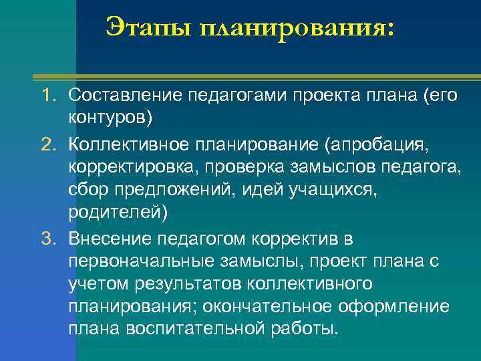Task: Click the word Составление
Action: [125, 96]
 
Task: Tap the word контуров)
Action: [110, 118]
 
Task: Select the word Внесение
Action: [108, 239]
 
